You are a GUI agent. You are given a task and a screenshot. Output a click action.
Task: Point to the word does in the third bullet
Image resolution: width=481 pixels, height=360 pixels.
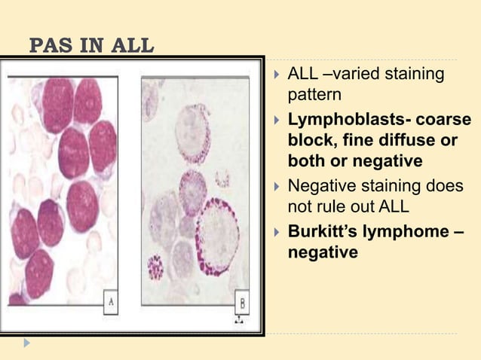pyautogui.click(x=446, y=186)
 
